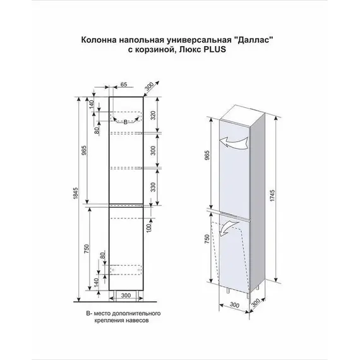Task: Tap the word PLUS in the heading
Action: point(213,51)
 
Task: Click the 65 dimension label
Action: point(124,83)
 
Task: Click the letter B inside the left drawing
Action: point(125,121)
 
